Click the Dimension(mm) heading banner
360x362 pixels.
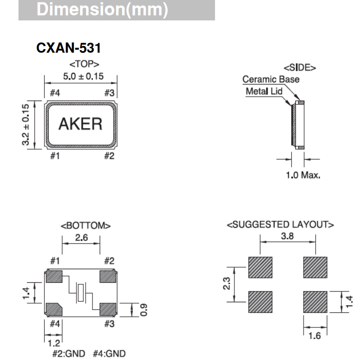pyautogui.click(x=117, y=10)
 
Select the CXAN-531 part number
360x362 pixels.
pyautogui.click(x=68, y=49)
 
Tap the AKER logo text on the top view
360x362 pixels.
pyautogui.click(x=81, y=124)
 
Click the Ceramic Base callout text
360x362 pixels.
pyautogui.click(x=271, y=79)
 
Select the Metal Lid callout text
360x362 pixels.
pyautogui.click(x=264, y=91)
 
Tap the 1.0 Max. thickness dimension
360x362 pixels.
pyautogui.click(x=303, y=174)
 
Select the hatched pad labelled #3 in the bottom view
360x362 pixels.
pyautogui.click(x=107, y=308)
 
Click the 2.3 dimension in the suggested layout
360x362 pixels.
pyautogui.click(x=225, y=284)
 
